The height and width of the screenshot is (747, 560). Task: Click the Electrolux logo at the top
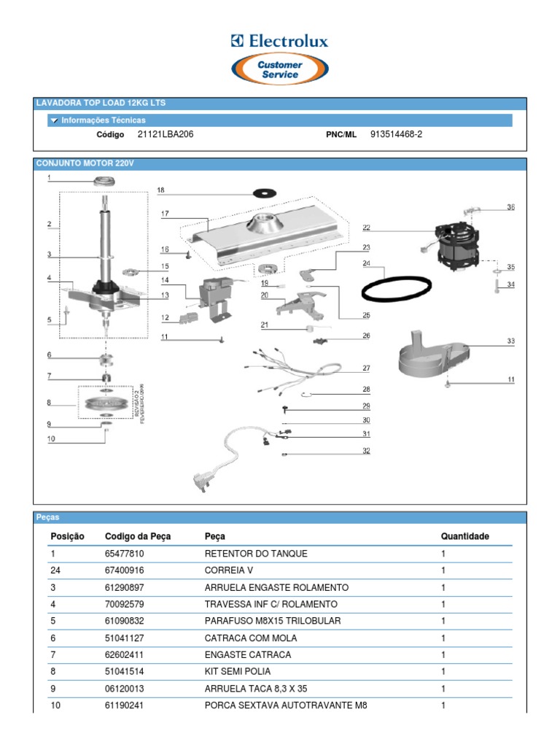point(279,42)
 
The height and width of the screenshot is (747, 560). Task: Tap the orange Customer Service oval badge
point(280,70)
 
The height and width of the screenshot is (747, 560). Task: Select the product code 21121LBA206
point(166,135)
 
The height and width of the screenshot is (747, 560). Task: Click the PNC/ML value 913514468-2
point(396,135)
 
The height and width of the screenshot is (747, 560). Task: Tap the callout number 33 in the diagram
point(510,341)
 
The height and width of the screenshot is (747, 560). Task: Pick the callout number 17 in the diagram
point(165,214)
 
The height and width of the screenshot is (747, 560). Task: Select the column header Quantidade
point(464,536)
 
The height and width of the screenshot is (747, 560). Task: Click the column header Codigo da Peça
point(138,536)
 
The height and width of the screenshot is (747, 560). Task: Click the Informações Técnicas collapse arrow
point(54,120)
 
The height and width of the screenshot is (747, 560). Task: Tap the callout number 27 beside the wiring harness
point(366,368)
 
